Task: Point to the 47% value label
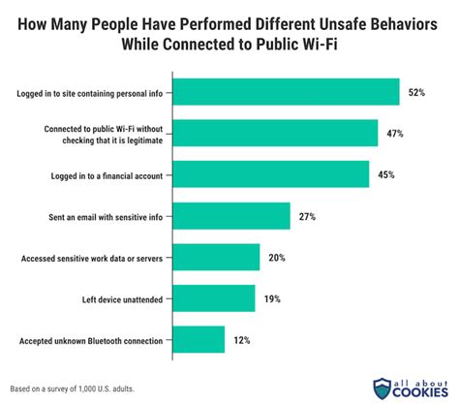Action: (x=395, y=134)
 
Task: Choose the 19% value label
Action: (x=272, y=298)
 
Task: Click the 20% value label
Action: (x=278, y=257)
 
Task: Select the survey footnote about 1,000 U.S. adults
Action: (x=74, y=388)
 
